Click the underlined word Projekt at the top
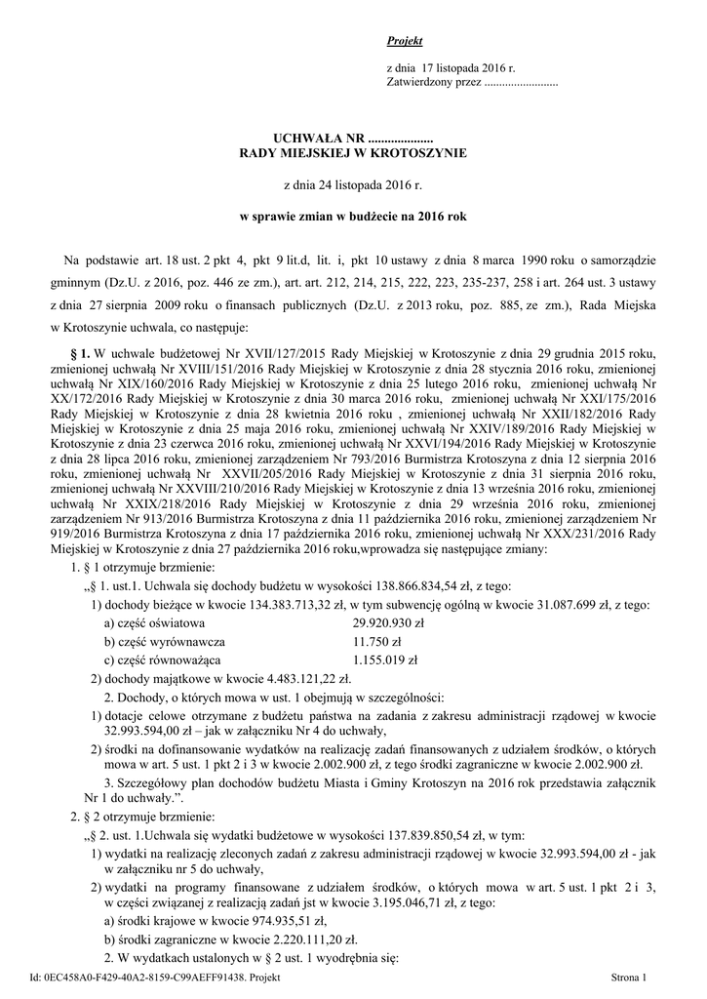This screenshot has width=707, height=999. pos(404,41)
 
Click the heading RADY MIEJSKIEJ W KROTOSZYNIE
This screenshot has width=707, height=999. pos(355,153)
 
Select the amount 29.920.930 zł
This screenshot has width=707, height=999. pos(388,622)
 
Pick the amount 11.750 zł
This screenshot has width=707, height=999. pos(376,641)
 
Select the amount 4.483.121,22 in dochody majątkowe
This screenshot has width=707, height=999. pos(297,678)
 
